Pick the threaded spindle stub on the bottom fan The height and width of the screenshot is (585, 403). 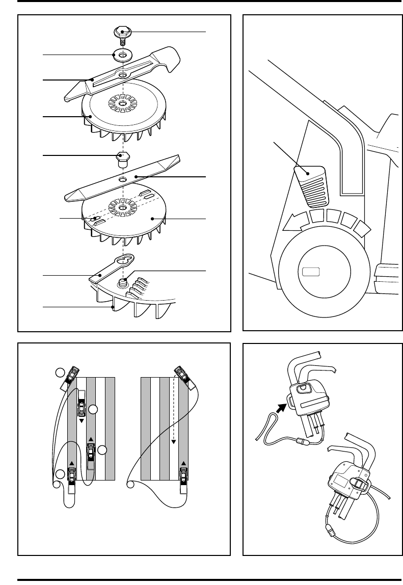[x=123, y=282]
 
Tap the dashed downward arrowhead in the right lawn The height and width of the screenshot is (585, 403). [x=174, y=441]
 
